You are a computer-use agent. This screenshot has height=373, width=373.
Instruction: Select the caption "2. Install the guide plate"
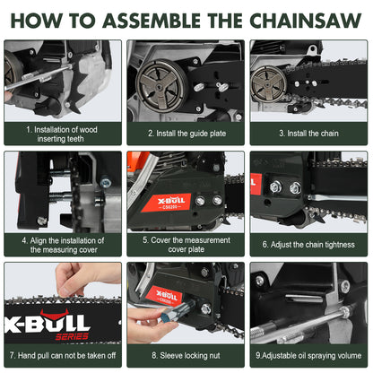pos(186,133)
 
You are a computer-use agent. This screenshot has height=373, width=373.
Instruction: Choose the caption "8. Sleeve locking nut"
pos(186,355)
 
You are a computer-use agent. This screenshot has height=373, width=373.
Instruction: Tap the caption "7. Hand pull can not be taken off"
pos(63,355)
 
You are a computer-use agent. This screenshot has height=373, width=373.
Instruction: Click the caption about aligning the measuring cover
pos(63,244)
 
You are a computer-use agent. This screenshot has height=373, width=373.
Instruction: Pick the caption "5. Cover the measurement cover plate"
pos(186,244)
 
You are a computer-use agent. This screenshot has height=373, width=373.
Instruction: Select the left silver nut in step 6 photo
pos(275,187)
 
